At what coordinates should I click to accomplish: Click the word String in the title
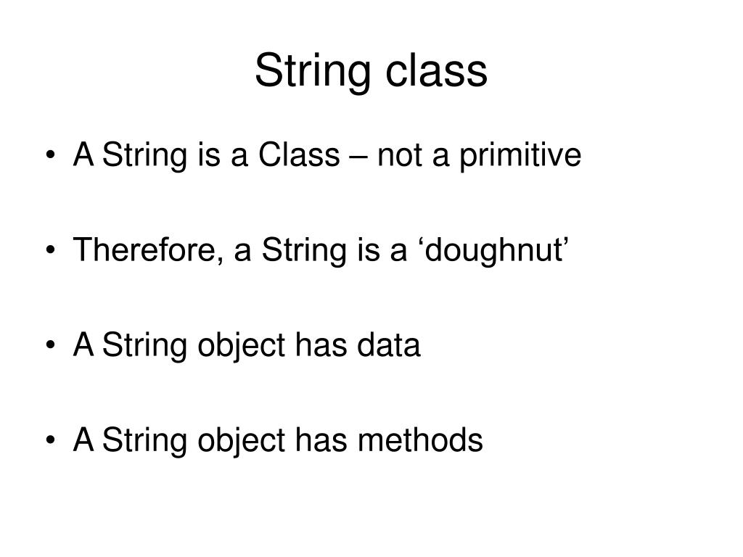(x=311, y=73)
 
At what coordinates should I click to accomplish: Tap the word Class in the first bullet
(x=300, y=155)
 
